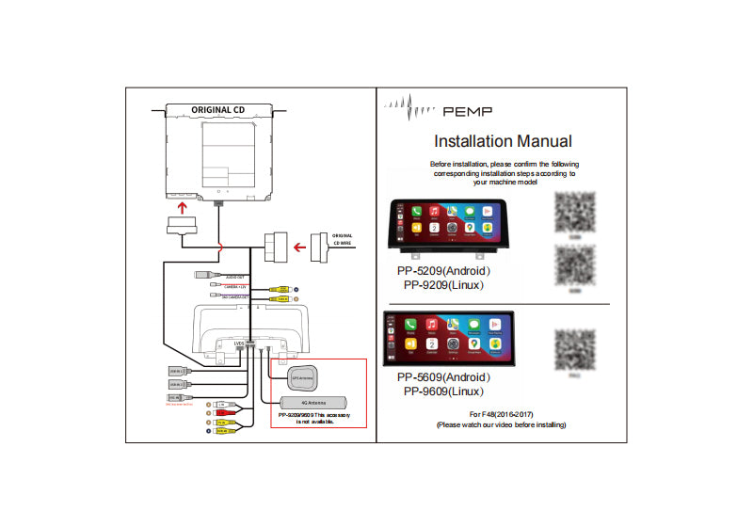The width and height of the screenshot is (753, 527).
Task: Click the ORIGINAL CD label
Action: coord(217,109)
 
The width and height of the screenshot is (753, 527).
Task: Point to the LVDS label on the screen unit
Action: coord(238,343)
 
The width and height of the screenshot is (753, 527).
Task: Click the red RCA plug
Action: coord(219,412)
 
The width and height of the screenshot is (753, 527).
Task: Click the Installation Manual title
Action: coord(502,142)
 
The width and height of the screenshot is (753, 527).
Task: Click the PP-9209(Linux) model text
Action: coord(443,284)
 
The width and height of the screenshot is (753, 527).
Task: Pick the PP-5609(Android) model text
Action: coord(443,377)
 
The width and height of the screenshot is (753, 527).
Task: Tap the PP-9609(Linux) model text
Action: coord(443,391)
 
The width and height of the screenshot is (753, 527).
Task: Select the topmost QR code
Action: coord(574,213)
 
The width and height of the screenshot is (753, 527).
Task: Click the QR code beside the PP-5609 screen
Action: coord(573,348)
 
